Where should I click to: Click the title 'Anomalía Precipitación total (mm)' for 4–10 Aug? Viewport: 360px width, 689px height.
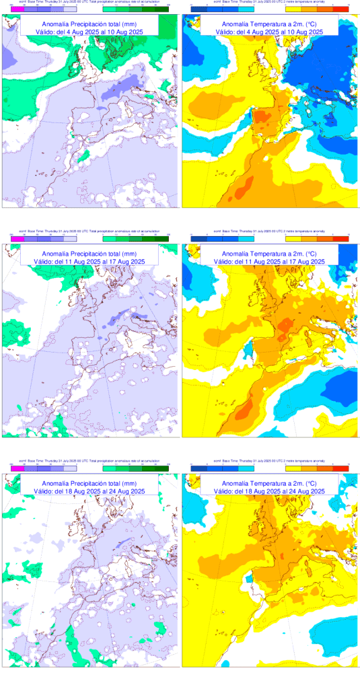point(89,24)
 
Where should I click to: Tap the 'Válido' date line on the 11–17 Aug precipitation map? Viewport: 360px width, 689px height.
point(89,261)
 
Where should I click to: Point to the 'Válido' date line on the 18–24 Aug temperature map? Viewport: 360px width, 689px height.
point(269,492)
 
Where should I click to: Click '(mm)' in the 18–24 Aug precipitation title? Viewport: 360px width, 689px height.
point(129,484)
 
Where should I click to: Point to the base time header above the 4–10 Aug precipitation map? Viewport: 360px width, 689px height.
point(89,3)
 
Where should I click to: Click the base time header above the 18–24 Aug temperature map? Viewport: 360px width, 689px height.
point(269,463)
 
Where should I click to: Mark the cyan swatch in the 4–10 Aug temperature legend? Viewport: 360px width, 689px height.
point(245,9)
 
